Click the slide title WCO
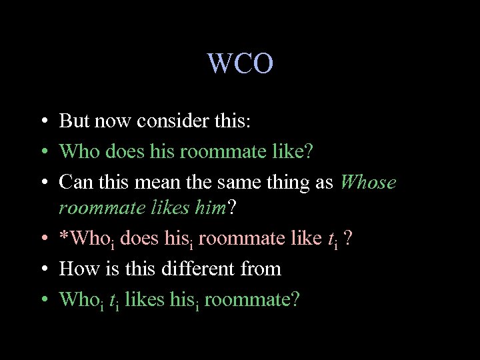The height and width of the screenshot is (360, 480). coord(240,64)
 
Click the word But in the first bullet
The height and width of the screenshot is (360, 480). coord(74,121)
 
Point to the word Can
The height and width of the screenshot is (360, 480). coord(75,182)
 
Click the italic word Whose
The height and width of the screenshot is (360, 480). coord(368,182)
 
